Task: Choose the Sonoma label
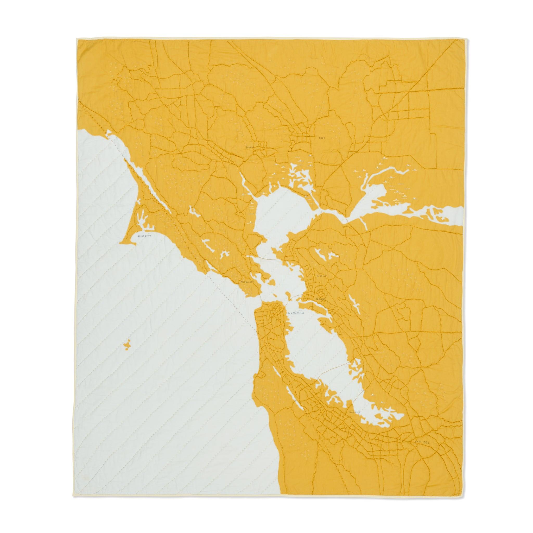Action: (251, 148)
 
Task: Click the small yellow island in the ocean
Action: (127, 345)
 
